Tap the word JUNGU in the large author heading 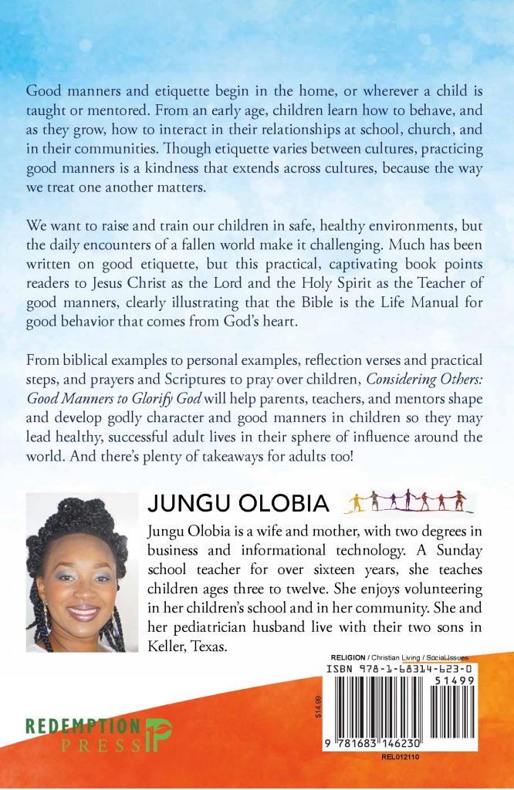pos(184,503)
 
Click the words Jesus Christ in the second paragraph pos(156,289)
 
